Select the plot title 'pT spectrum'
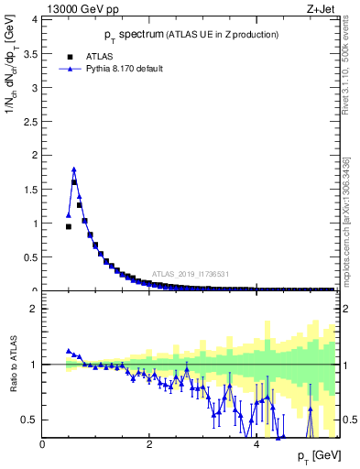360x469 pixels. (128, 35)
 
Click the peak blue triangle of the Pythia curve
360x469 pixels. (74, 169)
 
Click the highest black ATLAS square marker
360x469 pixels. (74, 182)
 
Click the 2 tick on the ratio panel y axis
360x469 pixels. (37, 309)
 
